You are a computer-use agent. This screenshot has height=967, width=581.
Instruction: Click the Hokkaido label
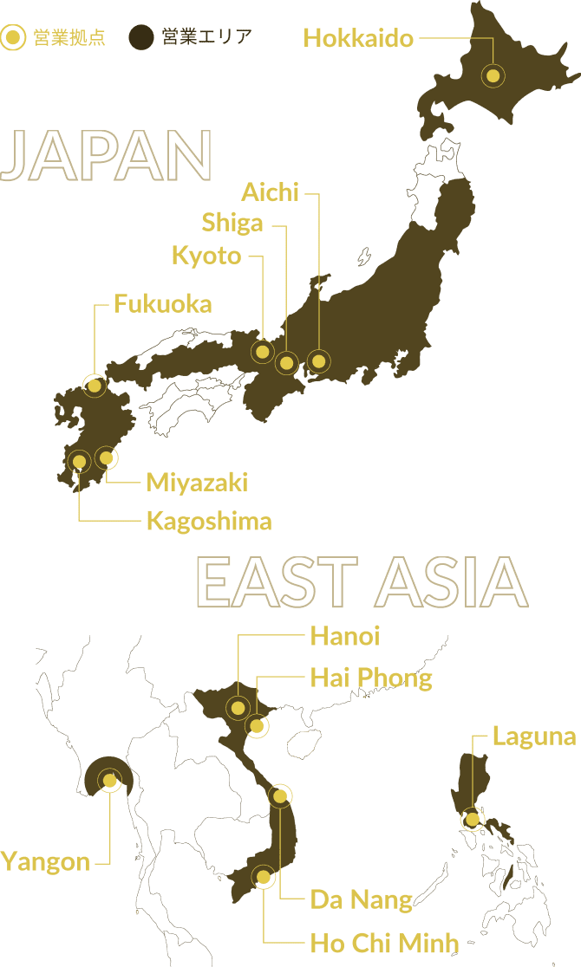[358, 38]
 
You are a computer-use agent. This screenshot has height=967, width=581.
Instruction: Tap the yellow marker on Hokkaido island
[493, 76]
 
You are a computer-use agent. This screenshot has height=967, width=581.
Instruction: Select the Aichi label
[270, 192]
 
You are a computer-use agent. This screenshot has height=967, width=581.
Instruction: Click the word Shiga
[232, 223]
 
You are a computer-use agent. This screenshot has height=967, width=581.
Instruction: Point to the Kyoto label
[206, 256]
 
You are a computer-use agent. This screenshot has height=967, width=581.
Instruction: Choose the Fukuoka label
[162, 304]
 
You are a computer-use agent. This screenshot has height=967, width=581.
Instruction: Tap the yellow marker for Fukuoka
[95, 385]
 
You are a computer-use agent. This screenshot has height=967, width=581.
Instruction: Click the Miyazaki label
[197, 482]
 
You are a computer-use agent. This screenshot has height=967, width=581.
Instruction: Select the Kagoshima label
[208, 521]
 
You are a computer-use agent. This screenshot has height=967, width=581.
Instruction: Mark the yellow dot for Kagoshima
[79, 462]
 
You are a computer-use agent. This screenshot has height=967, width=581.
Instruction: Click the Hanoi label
[345, 637]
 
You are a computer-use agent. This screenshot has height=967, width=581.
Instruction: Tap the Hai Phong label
[371, 678]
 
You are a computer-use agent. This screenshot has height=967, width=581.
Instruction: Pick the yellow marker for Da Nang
[279, 796]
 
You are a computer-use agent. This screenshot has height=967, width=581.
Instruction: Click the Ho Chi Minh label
[384, 943]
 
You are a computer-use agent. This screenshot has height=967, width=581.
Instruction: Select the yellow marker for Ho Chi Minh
[262, 877]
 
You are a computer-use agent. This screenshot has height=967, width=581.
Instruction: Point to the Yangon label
[45, 862]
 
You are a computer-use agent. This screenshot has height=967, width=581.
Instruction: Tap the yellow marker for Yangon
[109, 781]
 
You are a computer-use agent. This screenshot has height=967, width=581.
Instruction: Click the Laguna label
[533, 737]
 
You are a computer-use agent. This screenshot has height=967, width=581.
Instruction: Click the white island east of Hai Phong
[305, 743]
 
